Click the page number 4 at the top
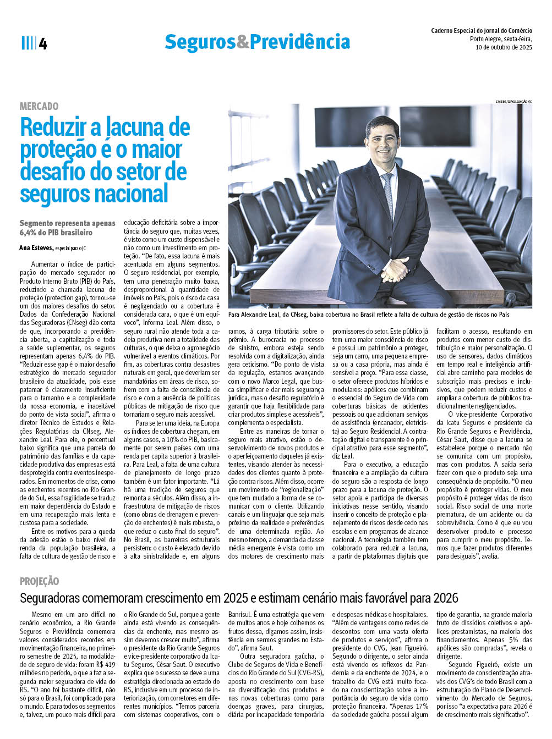pos(43,44)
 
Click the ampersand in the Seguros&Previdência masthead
pos(243,42)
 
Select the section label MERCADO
pos(39,106)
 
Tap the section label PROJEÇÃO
pos(39,581)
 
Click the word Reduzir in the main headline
pos(53,128)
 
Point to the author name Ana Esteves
pos(36,248)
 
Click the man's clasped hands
pos(395,270)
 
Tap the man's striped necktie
pos(389,192)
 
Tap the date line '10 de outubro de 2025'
pos(504,47)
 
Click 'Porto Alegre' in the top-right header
pos(485,39)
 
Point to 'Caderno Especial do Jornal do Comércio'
pos(481,31)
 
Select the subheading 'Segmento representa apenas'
pos(67,223)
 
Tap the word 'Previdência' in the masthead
pos(300,42)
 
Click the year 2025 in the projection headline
pos(237,598)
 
